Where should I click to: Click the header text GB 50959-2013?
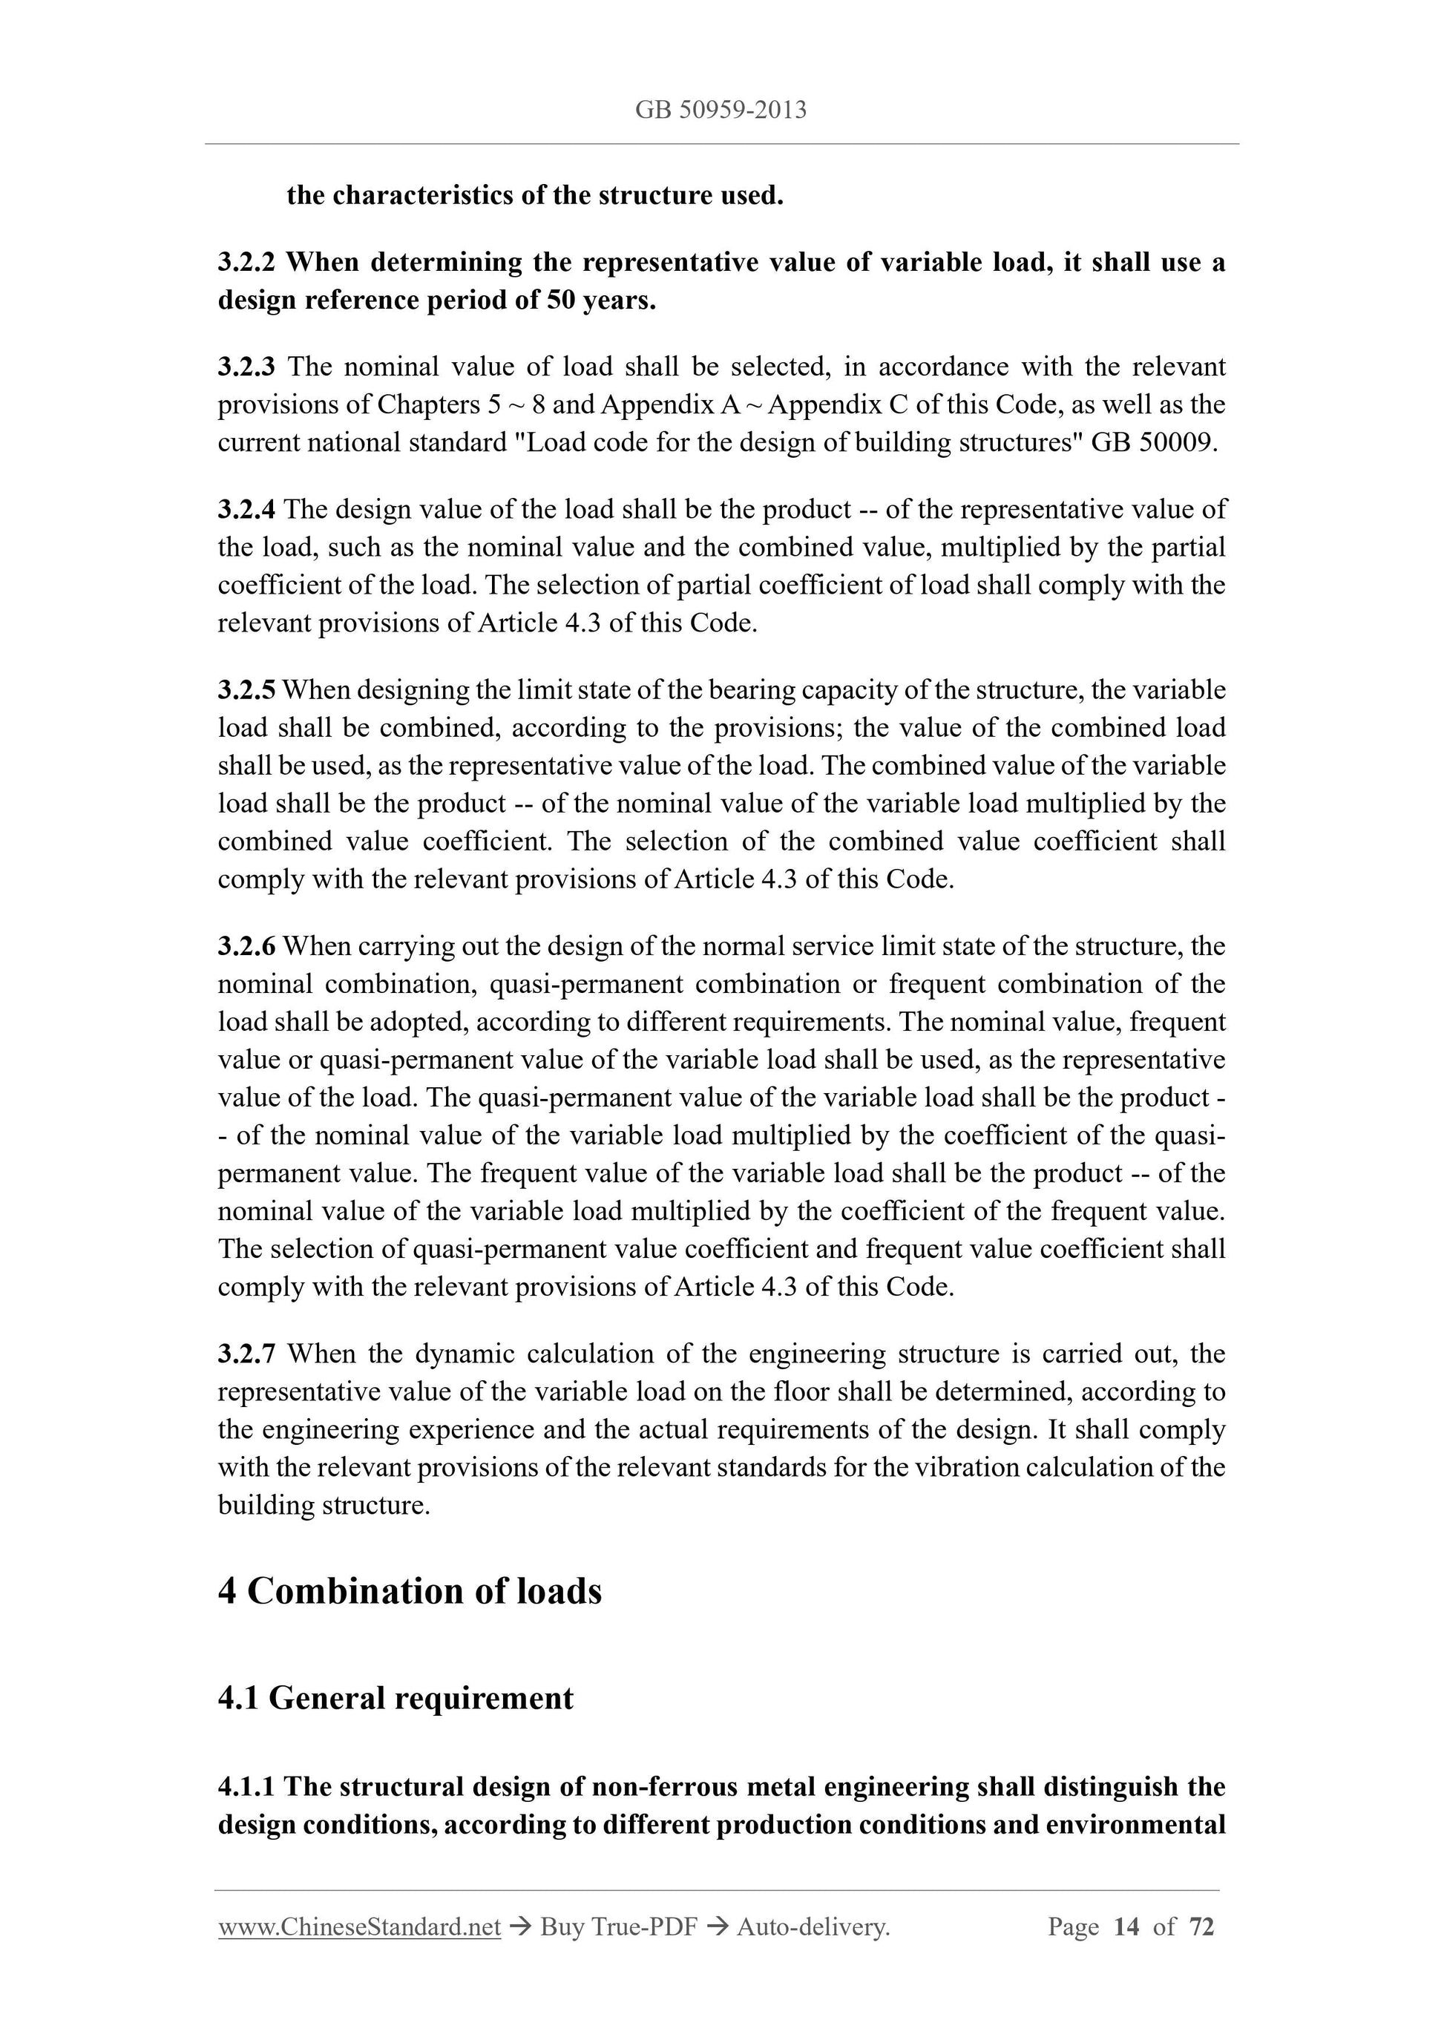[721, 111]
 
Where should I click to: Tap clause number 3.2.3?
[246, 367]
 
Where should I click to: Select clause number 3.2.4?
[246, 510]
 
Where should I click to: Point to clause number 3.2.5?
[246, 689]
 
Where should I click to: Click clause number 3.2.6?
[246, 946]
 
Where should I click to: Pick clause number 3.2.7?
[246, 1354]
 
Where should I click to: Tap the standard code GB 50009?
[1152, 443]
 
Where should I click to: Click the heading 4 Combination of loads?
[410, 1592]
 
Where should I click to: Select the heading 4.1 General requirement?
[395, 1699]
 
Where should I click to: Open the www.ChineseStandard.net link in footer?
[359, 1927]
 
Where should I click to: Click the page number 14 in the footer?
[1126, 1927]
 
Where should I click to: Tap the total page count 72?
[1201, 1927]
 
